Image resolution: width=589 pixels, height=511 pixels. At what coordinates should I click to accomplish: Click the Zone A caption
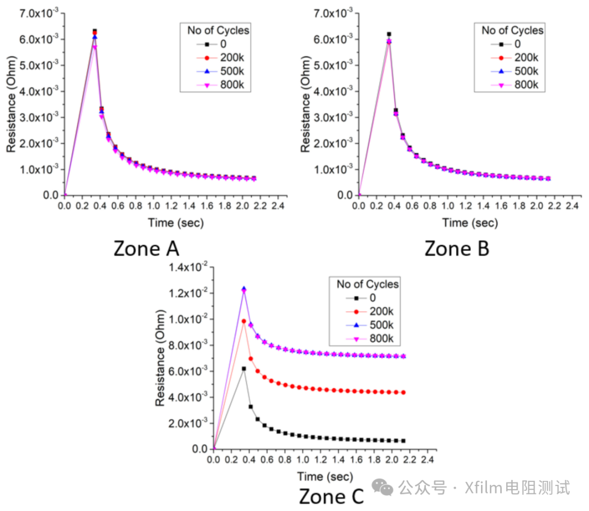click(146, 248)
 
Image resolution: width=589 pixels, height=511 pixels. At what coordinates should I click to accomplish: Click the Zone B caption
click(456, 248)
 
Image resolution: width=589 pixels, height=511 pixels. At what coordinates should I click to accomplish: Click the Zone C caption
click(331, 497)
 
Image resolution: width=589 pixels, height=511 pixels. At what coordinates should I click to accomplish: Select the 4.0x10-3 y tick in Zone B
click(333, 91)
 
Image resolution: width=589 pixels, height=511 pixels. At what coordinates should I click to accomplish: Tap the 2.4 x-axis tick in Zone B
click(571, 206)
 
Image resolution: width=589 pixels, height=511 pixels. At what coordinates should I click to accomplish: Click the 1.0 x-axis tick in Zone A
click(153, 206)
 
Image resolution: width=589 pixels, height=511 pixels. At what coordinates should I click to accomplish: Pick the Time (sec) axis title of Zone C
click(325, 476)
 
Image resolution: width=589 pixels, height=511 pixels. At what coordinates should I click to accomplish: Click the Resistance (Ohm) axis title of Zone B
click(305, 104)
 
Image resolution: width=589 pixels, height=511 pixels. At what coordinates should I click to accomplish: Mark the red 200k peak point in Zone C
click(244, 321)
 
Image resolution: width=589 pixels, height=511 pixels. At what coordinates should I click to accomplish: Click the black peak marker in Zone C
click(244, 369)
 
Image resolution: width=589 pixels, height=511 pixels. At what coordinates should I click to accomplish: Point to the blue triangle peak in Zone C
click(244, 289)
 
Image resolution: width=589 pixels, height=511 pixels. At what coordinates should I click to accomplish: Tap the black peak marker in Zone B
click(389, 34)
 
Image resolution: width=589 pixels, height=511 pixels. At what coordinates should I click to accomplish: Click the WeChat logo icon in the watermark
click(386, 488)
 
